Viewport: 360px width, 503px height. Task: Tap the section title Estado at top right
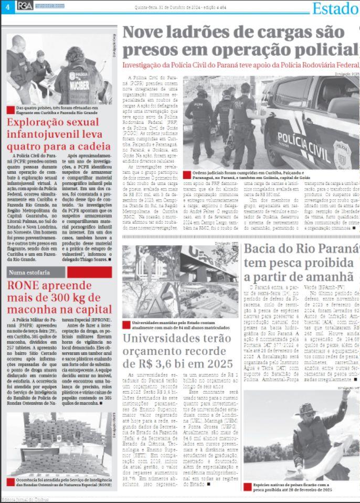(x=335, y=8)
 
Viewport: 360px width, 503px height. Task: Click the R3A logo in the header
(x=25, y=6)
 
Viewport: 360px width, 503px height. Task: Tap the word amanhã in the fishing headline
(x=330, y=277)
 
